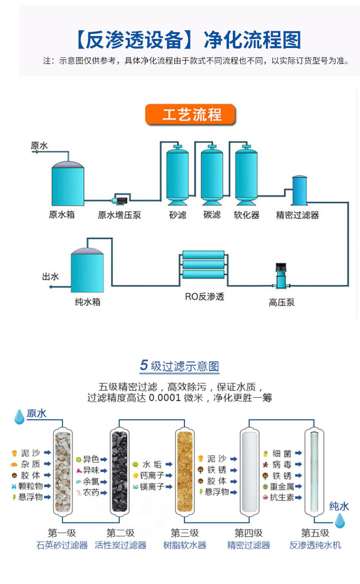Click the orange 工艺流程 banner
(190, 114)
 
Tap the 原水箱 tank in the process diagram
(68, 183)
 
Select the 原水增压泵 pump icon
(120, 200)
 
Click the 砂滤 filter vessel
(178, 175)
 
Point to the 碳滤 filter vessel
(212, 175)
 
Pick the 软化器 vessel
(246, 175)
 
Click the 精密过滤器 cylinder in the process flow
(300, 190)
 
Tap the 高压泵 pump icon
(281, 276)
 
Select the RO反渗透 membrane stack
(203, 265)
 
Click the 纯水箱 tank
(87, 270)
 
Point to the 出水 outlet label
(50, 277)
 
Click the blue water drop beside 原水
(19, 416)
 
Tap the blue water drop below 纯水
(340, 521)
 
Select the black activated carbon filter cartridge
(120, 471)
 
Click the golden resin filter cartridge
(185, 471)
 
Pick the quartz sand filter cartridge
(63, 471)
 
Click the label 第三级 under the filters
(185, 533)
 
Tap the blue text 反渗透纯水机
(315, 545)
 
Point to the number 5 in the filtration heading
(144, 365)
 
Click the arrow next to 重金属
(299, 486)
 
